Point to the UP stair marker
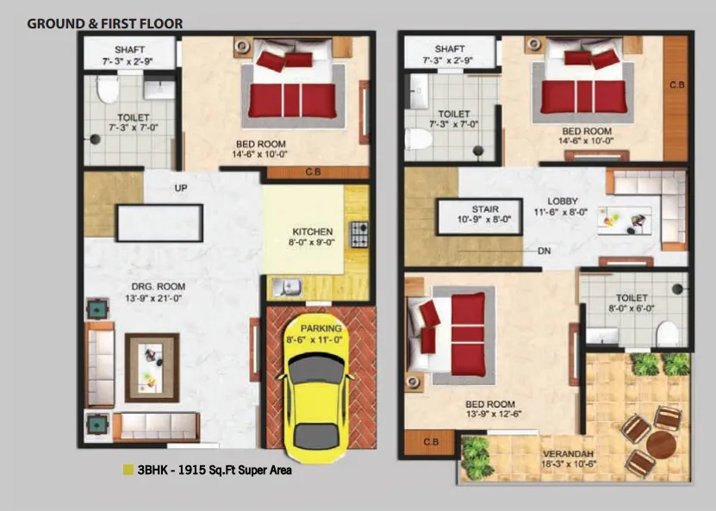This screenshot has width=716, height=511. point(181,188)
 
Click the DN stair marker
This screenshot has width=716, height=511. point(544,252)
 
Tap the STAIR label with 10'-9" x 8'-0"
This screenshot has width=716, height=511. point(485,209)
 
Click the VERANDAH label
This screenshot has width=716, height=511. point(570,453)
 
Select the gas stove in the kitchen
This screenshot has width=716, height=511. point(357,233)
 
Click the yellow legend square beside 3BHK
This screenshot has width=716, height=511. point(128,470)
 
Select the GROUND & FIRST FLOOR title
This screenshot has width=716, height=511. point(105,23)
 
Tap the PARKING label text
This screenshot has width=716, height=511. point(322,328)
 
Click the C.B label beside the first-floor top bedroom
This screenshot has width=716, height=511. point(676,84)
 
